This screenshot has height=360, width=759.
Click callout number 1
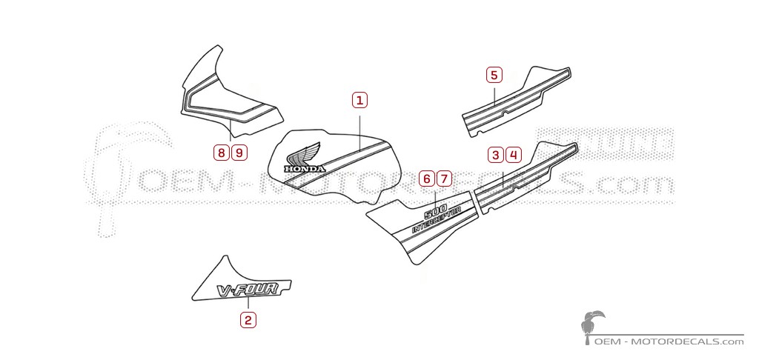pos(359,100)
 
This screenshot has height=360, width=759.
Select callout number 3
pos(495,155)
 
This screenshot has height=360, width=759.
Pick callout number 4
pos(513,155)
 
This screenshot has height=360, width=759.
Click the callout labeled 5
pos(494,75)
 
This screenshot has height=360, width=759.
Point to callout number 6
pos(426,179)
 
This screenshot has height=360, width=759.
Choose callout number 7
pos(443,179)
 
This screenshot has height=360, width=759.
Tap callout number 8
pos(221,153)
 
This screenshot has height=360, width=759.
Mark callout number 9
pos(238,153)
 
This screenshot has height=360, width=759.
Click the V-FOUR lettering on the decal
pos(246,290)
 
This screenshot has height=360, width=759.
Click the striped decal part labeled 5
pos(519,104)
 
